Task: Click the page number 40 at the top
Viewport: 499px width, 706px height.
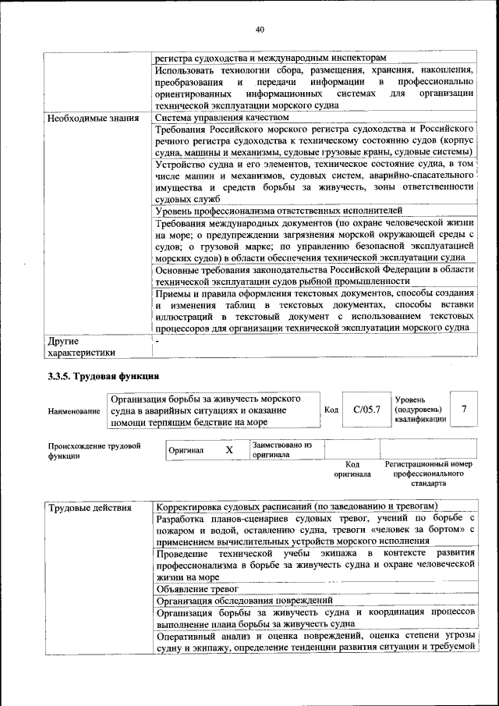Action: (260, 30)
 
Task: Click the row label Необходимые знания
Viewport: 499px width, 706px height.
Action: (87, 119)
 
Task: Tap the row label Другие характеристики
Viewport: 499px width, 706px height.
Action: (75, 346)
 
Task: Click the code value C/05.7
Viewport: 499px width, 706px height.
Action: (366, 410)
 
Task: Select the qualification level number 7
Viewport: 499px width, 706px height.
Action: (465, 410)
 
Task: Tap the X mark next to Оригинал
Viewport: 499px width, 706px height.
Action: (229, 450)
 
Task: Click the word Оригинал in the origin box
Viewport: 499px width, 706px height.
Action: (186, 450)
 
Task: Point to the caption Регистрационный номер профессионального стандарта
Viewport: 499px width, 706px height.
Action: (428, 474)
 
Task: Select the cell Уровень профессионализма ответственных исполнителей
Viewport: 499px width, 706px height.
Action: (278, 211)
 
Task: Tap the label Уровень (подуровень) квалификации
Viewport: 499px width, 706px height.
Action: (420, 410)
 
